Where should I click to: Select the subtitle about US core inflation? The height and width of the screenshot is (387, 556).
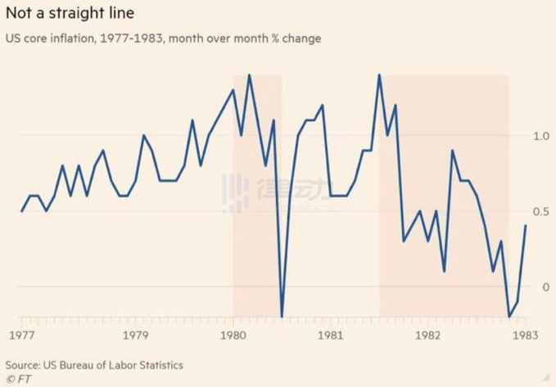pyautogui.click(x=164, y=38)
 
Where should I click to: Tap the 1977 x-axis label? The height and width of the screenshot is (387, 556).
pyautogui.click(x=21, y=335)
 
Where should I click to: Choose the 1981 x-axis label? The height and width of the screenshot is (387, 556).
pyautogui.click(x=331, y=335)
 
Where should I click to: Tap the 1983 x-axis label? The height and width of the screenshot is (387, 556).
pyautogui.click(x=525, y=335)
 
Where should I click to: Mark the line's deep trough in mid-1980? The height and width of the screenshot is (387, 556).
pyautogui.click(x=283, y=316)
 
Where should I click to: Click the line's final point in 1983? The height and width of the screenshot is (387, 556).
pyautogui.click(x=525, y=226)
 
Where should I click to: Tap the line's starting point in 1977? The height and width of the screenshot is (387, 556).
pyautogui.click(x=21, y=211)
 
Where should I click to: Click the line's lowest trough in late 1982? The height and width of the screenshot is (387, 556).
pyautogui.click(x=509, y=317)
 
